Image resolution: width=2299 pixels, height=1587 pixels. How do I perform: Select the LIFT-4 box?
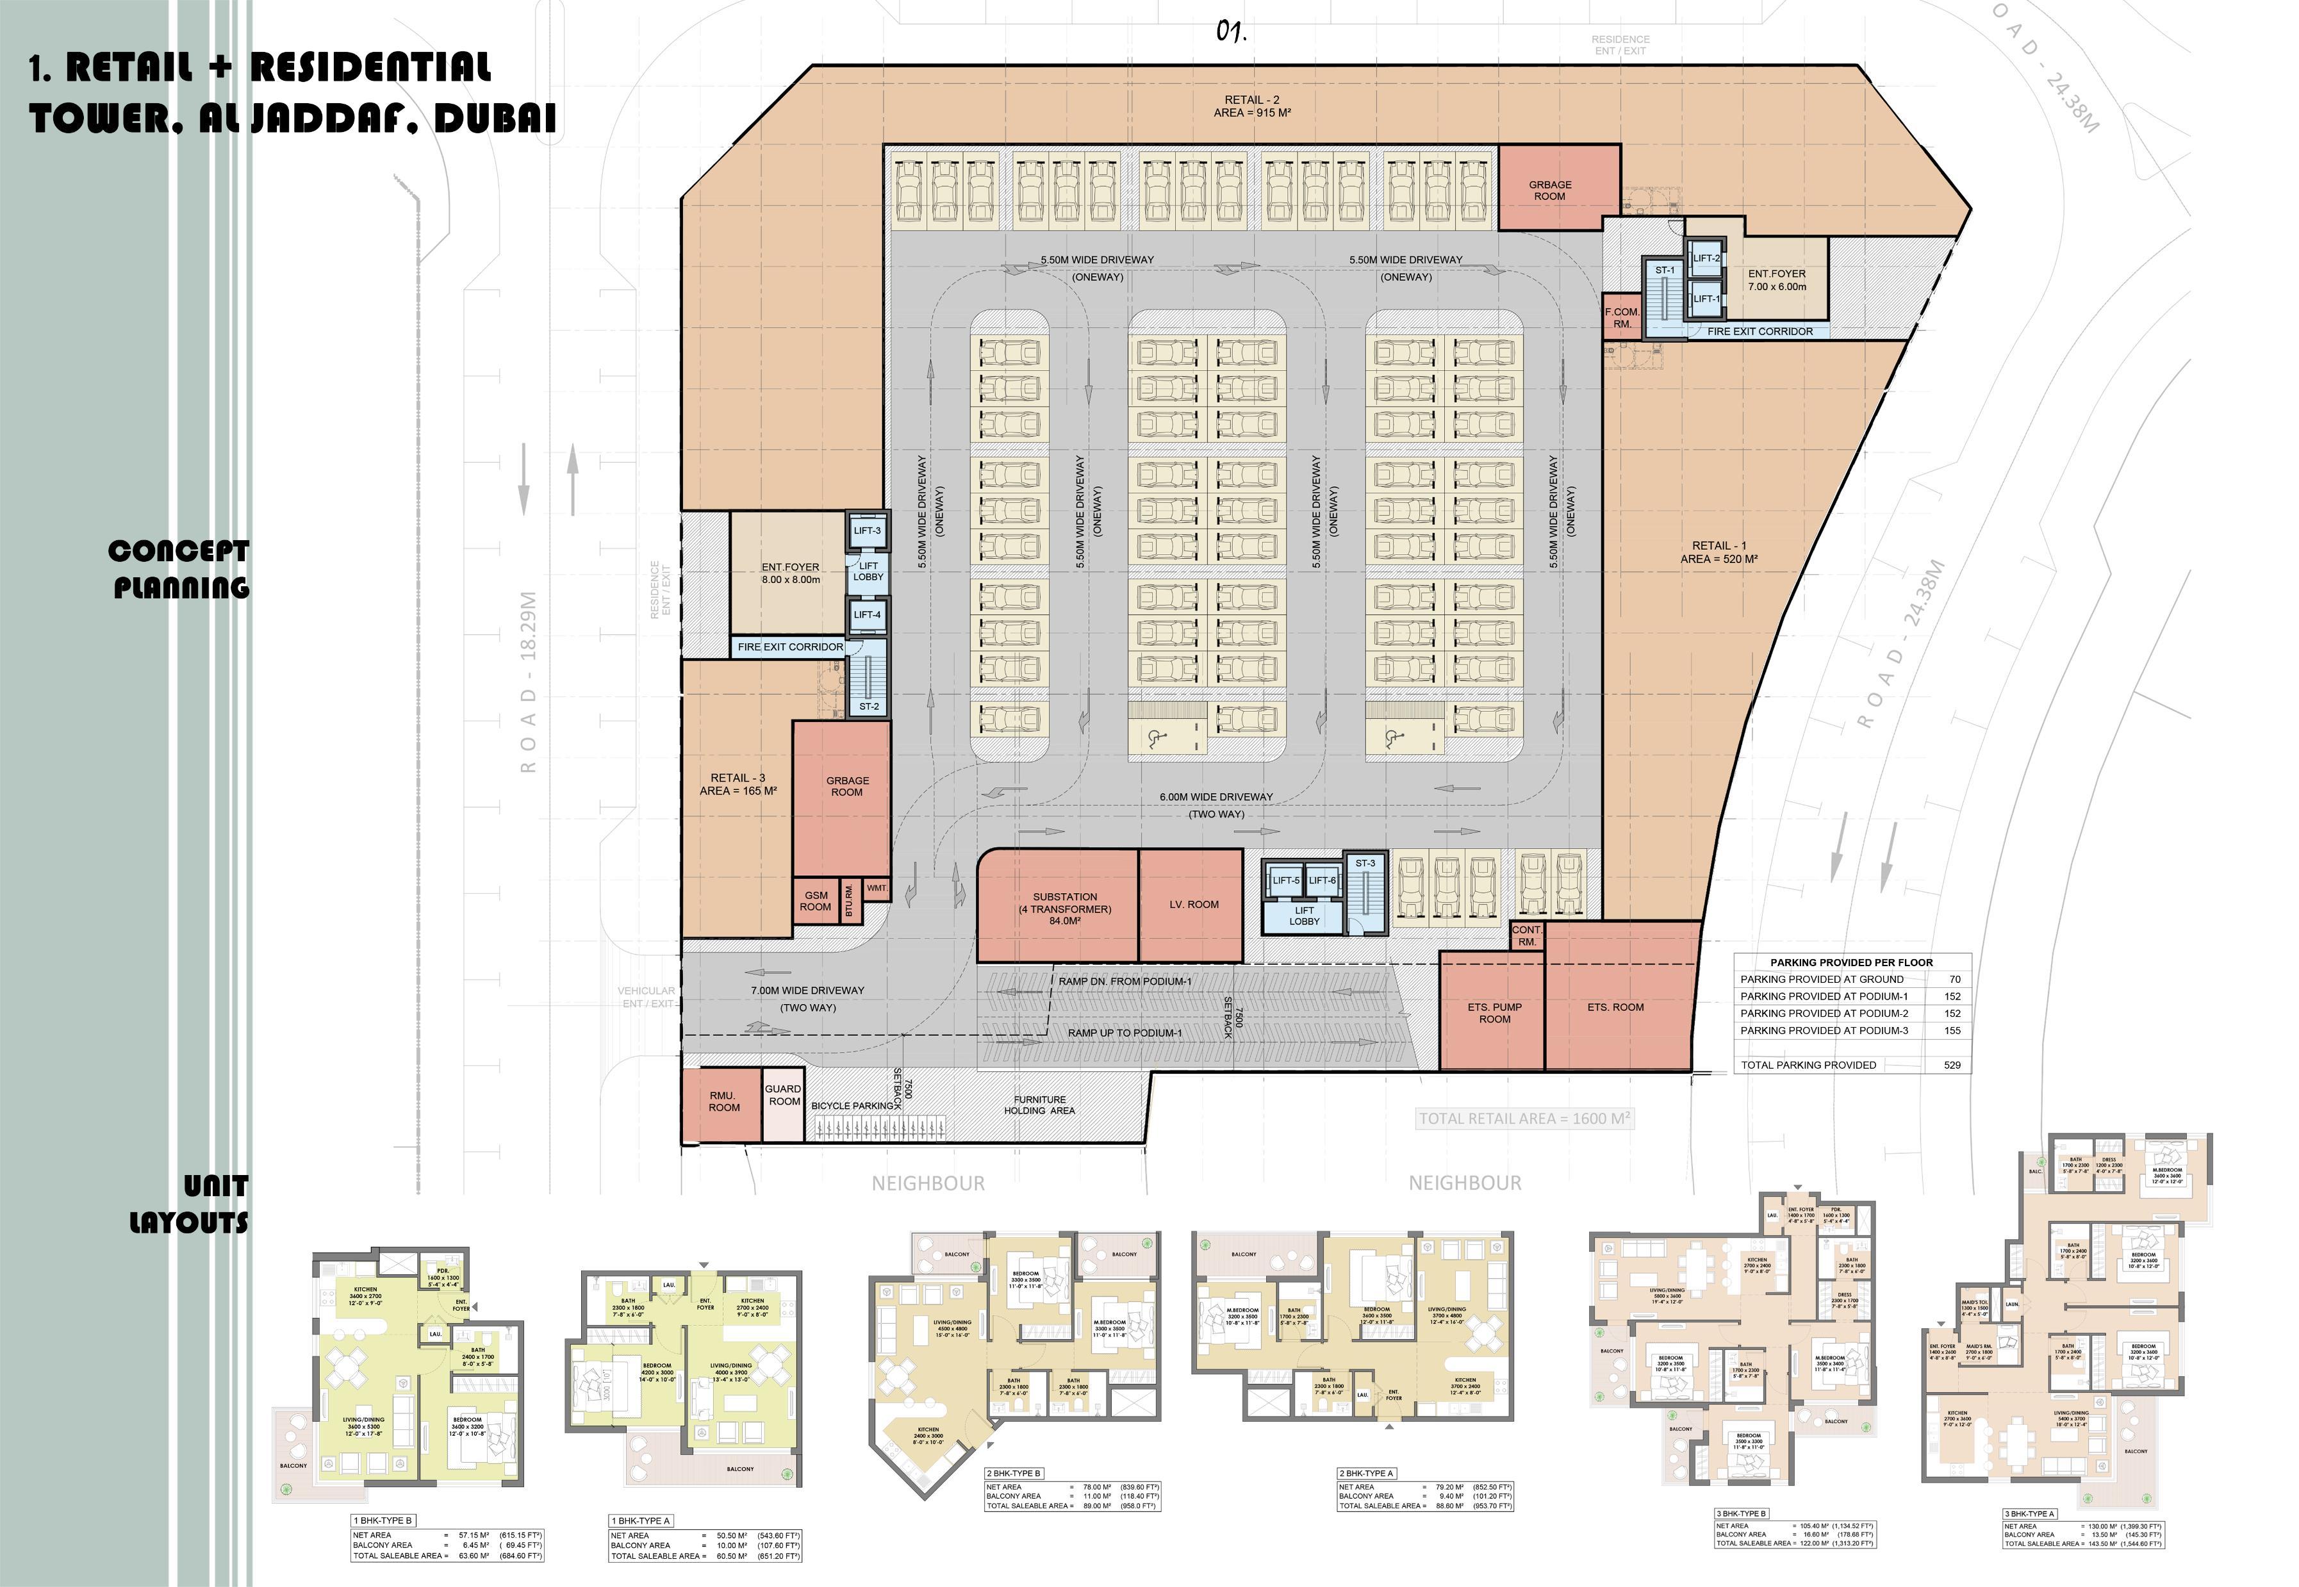pos(866,614)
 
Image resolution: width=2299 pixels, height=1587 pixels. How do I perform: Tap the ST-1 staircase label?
pos(1665,270)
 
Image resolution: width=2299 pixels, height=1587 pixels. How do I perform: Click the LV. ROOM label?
pos(1193,904)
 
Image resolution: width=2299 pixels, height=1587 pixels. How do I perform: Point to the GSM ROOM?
pos(816,901)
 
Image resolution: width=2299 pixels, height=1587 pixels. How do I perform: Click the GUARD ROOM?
pos(784,1095)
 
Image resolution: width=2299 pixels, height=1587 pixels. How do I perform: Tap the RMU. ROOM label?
pos(724,1101)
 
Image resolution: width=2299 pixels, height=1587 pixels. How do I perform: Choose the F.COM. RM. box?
pos(1622,317)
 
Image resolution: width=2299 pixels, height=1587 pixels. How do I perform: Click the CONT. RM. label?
pos(1526,935)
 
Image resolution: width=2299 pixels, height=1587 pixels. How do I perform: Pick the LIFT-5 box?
pos(1285,880)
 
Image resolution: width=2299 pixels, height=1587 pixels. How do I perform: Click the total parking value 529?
pos(1952,1065)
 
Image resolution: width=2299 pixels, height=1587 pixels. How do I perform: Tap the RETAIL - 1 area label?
pos(1719,552)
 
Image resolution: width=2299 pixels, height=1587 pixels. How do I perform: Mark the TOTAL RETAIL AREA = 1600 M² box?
pos(1524,1119)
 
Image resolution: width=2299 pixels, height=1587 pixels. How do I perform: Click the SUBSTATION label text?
pos(1064,897)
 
